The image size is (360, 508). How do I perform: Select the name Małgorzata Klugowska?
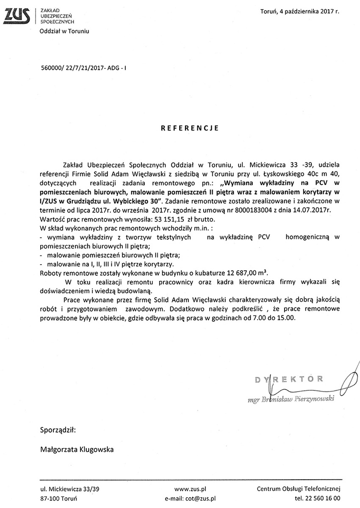76,450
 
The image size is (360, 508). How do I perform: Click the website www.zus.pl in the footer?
190,489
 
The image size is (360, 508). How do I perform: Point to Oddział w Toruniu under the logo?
64,31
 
